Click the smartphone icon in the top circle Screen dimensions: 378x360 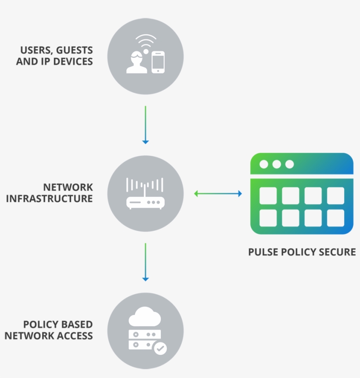158,62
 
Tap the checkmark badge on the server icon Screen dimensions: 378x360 160,348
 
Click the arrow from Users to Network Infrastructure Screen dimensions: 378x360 145,124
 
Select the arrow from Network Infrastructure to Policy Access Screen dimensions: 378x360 145,262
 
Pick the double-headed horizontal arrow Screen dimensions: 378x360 218,193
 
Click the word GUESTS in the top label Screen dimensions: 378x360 75,50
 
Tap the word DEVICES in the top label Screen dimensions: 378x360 73,61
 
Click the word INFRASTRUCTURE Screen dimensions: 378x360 49,198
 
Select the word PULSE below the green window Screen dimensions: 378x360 262,252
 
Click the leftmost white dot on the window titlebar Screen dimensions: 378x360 263,164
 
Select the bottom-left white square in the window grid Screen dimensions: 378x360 268,218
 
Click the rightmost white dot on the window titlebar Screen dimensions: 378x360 289,164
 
